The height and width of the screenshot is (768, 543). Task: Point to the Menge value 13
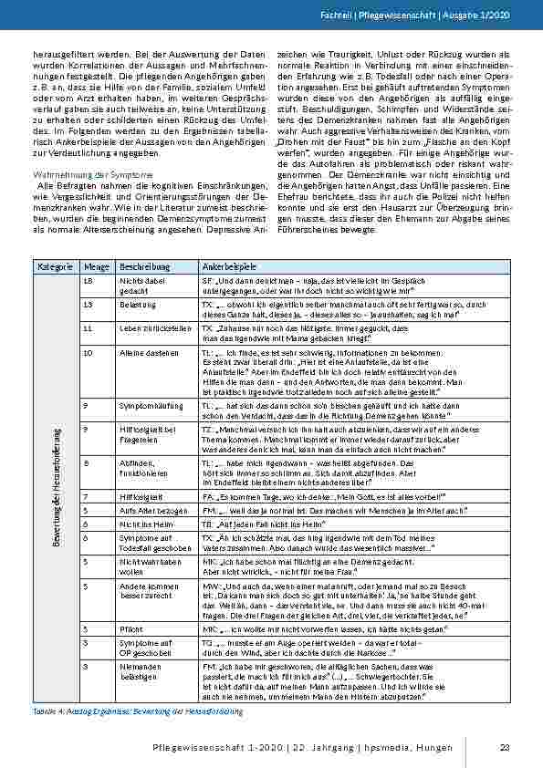[88, 304]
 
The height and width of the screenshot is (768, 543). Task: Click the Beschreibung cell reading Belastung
[137, 304]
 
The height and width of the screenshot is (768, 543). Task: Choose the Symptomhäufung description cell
[149, 403]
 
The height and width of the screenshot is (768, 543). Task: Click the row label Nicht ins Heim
[144, 526]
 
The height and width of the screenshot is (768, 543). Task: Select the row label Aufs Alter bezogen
[150, 513]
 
